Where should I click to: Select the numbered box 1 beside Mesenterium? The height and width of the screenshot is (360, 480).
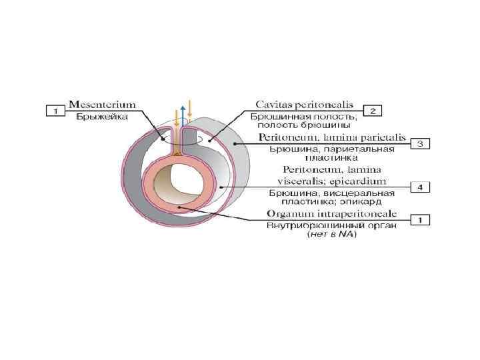56,110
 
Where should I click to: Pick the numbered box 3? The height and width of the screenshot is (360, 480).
419,143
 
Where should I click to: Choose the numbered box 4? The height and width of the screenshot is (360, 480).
419,187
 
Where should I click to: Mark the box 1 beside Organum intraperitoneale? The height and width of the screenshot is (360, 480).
419,219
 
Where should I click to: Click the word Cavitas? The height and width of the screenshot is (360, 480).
277,105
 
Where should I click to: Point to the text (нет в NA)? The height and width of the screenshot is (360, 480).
332,234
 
